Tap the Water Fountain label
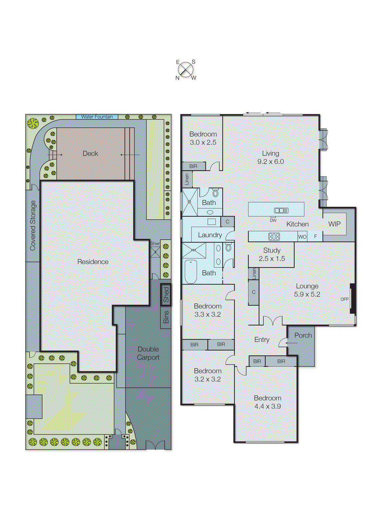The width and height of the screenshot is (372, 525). click(97, 117)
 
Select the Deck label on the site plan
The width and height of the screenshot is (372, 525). click(90, 154)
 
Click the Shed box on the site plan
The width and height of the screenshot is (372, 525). click(166, 294)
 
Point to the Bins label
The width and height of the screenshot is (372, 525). click(166, 317)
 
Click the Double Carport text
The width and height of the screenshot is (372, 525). click(148, 353)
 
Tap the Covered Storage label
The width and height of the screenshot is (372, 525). click(33, 225)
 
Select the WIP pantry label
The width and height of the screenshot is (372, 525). click(334, 224)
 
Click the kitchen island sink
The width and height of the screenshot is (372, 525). click(281, 211)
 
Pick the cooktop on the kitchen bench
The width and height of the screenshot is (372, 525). click(274, 236)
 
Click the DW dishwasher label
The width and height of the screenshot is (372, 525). click(273, 220)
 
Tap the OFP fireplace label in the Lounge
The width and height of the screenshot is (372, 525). click(344, 299)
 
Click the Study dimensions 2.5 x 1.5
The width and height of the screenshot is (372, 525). click(272, 259)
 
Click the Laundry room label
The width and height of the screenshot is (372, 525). click(210, 235)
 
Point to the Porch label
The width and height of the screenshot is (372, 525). click(303, 335)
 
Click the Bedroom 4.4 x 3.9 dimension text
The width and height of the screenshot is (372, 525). click(267, 406)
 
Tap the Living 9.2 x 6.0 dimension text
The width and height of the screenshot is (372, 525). click(270, 162)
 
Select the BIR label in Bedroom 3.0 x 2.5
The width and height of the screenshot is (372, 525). click(193, 166)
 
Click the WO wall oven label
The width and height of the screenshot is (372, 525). click(302, 237)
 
